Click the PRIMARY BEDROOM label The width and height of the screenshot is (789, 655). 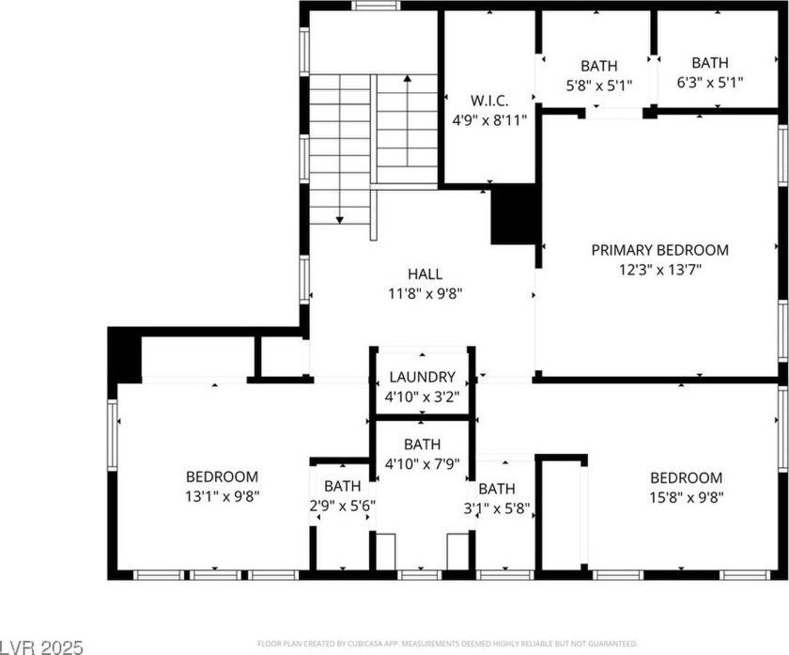coord(659,250)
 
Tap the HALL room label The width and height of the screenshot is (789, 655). coord(425,273)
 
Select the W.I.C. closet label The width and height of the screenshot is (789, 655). coord(489,101)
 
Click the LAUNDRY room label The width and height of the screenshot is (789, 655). coord(422,377)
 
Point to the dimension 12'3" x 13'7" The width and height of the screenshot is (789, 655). coord(659,270)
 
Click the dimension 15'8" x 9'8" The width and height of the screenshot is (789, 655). coord(687,497)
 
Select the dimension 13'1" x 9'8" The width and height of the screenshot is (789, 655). coord(222,496)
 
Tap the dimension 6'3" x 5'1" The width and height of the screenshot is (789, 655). coord(710,82)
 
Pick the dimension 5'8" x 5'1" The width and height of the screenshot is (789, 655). coord(599,86)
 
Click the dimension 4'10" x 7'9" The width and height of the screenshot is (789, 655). coord(422,463)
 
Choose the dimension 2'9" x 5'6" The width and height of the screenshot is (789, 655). coord(343,506)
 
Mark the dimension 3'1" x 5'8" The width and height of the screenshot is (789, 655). coord(497,508)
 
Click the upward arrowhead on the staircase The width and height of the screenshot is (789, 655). coord(407,78)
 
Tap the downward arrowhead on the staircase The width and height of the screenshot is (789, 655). coord(340,220)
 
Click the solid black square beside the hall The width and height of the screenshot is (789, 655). coord(513,214)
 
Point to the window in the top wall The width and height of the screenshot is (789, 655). coord(376,6)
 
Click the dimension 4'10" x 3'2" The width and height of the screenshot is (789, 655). coord(422,397)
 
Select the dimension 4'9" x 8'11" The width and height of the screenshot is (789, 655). coord(489,120)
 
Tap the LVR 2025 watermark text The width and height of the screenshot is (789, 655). coord(41,647)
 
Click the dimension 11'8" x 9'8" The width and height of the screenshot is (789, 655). coord(425,293)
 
